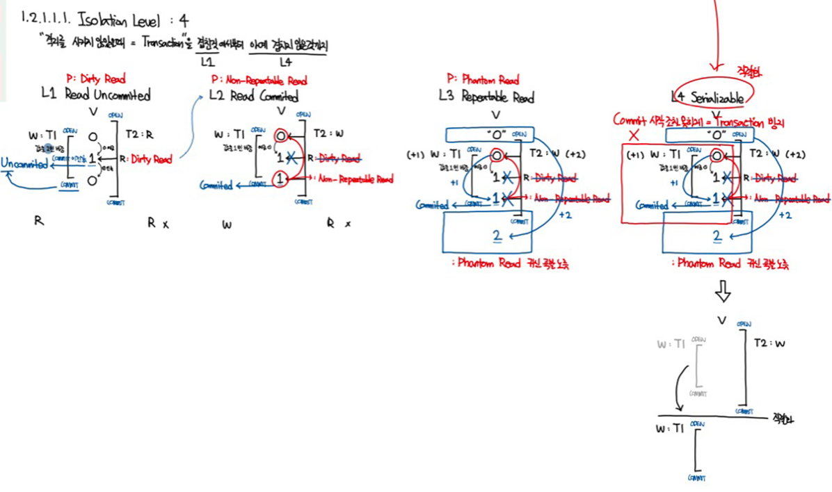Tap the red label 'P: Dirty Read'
point(95,79)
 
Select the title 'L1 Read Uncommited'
point(96,95)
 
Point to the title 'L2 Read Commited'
point(253,97)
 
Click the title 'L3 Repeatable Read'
point(486,97)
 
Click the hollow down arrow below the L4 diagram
point(723,293)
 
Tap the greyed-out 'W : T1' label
point(671,344)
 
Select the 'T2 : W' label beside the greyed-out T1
point(769,343)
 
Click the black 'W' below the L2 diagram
point(227,225)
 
